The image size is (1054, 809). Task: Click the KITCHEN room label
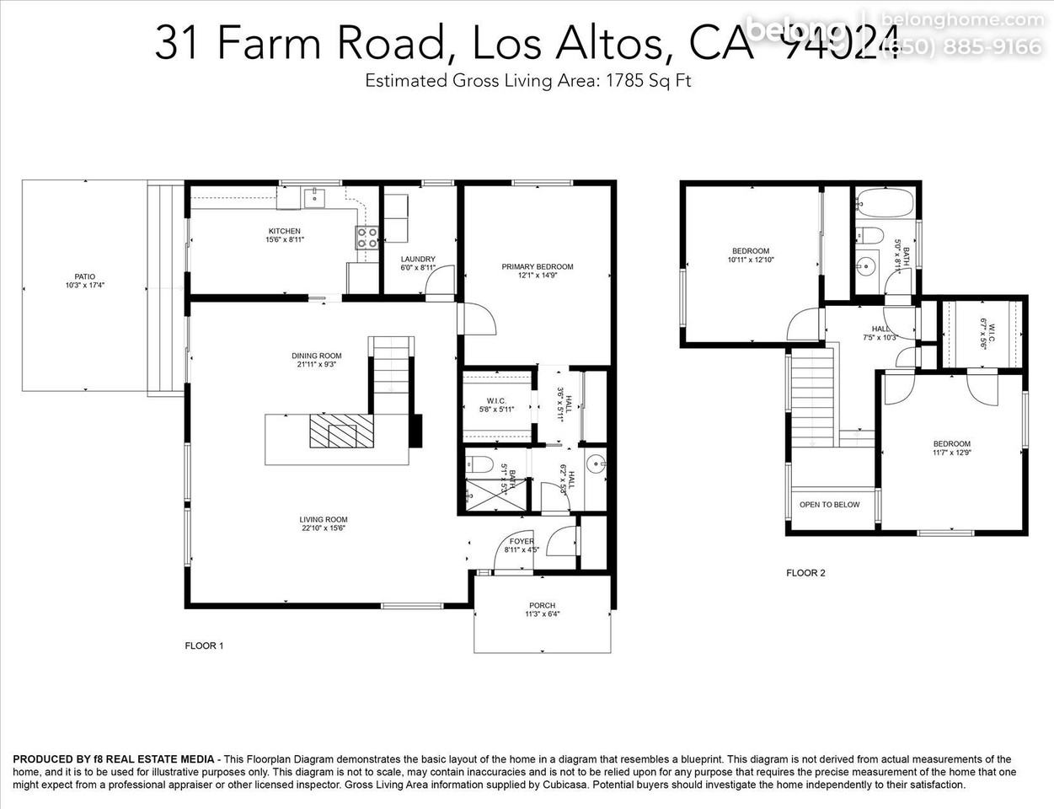coord(284,231)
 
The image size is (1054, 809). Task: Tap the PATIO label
coord(84,276)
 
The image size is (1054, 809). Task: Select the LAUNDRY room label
coord(418,259)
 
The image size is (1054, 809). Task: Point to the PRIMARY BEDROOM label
coord(537,266)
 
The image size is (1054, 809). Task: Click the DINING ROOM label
coord(317,356)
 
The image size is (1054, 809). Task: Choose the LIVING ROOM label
coord(324,519)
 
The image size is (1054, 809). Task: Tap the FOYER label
coord(522,541)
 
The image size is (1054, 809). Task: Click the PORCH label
coord(542,605)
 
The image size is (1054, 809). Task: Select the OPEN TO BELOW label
coord(829,505)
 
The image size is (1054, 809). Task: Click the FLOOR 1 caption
coord(204,646)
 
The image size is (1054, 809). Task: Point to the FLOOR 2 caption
coord(805,573)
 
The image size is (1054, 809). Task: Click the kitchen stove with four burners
coord(366,238)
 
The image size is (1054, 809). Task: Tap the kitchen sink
coord(315,198)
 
